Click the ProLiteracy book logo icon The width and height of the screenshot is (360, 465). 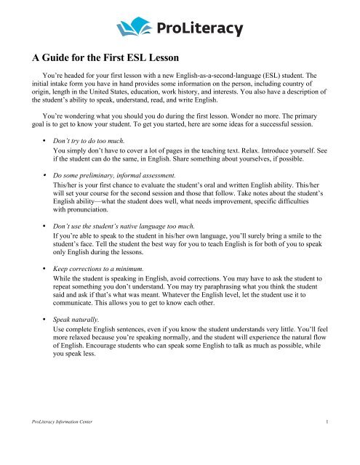tap(129, 29)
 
